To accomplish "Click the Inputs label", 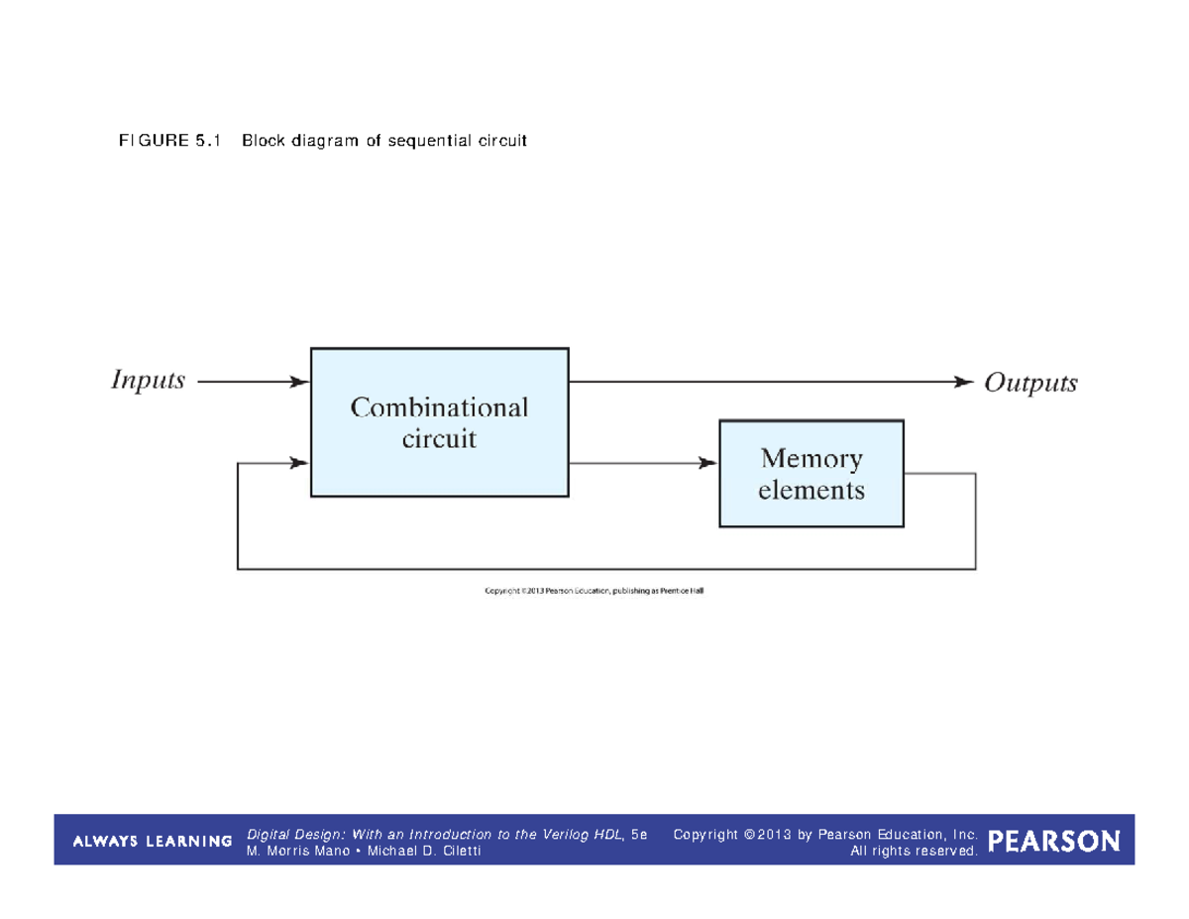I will (x=148, y=381).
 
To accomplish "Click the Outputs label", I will (x=1029, y=384).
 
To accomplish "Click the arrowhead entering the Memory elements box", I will (x=707, y=463).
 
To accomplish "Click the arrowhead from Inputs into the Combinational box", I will (x=298, y=382).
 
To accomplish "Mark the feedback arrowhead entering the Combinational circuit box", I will (x=298, y=463).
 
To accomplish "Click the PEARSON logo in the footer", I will (x=1054, y=842).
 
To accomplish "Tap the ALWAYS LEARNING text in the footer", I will (x=152, y=842).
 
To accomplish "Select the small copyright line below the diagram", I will (x=594, y=592).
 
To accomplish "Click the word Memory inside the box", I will (x=811, y=459).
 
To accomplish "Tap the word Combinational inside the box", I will (x=439, y=407).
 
